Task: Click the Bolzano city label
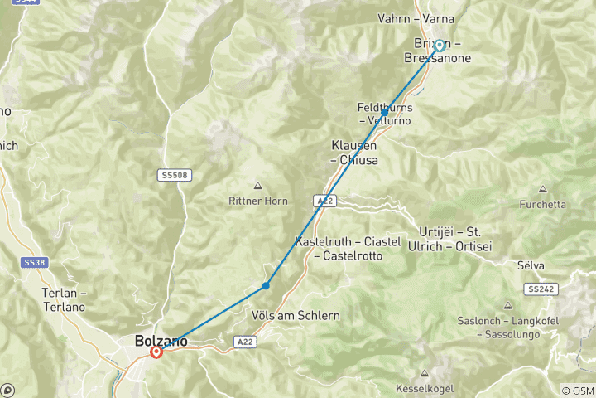(x=161, y=341)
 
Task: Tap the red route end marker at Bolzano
(x=156, y=352)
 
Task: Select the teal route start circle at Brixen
(x=440, y=46)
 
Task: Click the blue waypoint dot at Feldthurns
(x=385, y=112)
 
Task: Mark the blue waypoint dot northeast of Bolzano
(x=266, y=285)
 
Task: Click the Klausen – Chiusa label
(x=355, y=152)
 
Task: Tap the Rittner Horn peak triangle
(x=257, y=186)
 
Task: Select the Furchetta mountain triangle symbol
(x=543, y=190)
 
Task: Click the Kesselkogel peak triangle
(x=425, y=374)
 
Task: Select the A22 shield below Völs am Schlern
(x=243, y=341)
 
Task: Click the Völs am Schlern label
(x=295, y=316)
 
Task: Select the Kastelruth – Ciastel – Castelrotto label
(x=348, y=249)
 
